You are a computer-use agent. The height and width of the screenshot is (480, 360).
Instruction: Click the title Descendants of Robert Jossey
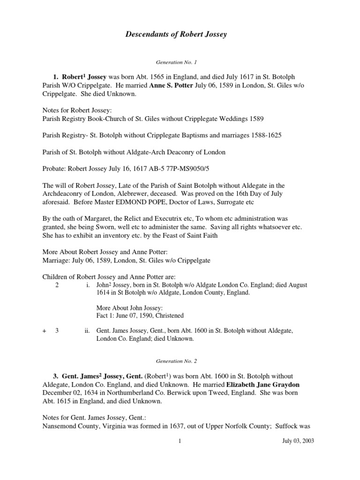pos(180,34)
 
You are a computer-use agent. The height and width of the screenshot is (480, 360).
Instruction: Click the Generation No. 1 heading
pos(180,61)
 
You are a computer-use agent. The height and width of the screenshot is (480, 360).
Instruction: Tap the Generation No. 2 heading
pos(180,362)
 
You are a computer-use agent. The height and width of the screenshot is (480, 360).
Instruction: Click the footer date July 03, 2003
pos(299,441)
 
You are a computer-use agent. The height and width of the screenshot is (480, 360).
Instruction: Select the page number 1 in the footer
pos(180,441)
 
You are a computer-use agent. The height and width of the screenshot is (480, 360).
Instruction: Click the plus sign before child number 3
pos(44,330)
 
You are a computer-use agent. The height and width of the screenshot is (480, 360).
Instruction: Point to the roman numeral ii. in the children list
pos(87,330)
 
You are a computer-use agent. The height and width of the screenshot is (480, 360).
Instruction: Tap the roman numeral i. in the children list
pos(88,285)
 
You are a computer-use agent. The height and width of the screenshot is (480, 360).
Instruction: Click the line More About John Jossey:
pos(129,307)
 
